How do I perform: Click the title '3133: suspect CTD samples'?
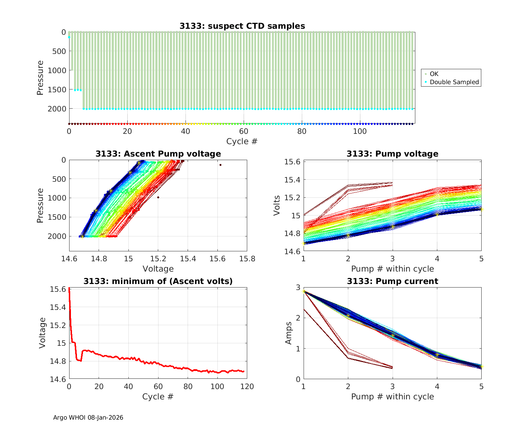click(242, 26)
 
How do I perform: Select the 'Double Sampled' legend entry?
click(454, 82)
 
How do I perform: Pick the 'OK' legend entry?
click(434, 74)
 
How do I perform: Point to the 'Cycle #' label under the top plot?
click(242, 141)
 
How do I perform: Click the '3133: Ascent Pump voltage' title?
click(158, 154)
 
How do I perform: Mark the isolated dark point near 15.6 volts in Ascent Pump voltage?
click(220, 165)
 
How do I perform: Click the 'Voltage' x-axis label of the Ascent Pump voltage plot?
click(158, 269)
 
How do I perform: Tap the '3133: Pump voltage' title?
click(392, 154)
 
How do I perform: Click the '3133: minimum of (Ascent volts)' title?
click(158, 281)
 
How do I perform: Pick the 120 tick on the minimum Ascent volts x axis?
click(247, 386)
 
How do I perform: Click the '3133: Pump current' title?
click(392, 281)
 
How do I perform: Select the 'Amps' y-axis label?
click(289, 333)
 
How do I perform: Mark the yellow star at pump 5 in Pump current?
click(481, 367)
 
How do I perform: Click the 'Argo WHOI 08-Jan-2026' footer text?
click(88, 417)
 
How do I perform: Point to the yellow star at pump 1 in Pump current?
click(304, 291)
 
